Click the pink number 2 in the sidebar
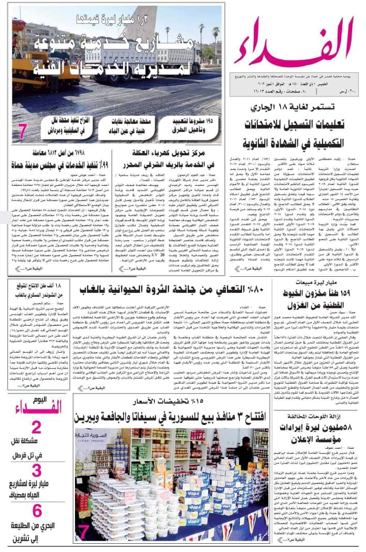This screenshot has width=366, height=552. point(37,428)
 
